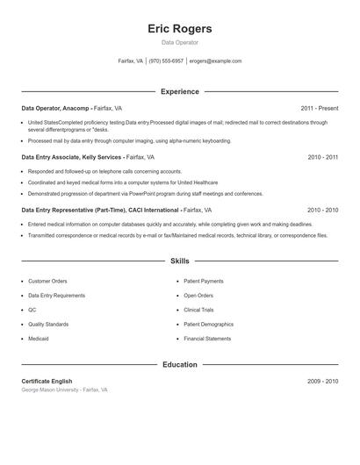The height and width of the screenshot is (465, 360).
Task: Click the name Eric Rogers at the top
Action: [x=180, y=28]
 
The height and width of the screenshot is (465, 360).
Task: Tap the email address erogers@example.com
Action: [x=215, y=61]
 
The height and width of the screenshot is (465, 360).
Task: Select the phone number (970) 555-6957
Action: [x=166, y=61]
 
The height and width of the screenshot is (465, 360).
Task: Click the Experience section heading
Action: [x=180, y=91]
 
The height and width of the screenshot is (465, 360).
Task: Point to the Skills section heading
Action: [x=180, y=261]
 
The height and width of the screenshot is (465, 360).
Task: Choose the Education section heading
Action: [x=180, y=364]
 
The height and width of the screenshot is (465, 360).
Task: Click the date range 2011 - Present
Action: [x=320, y=109]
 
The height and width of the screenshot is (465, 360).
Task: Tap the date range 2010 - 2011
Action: [x=323, y=157]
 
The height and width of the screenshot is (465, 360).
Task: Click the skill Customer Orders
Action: [x=47, y=282]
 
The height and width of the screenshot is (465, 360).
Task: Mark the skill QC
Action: [x=32, y=310]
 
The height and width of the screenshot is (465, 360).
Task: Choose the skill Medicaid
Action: [x=39, y=339]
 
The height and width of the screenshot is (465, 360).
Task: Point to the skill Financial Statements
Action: [x=208, y=339]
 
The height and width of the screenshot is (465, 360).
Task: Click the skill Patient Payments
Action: [x=204, y=282]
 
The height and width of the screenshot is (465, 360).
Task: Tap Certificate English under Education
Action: [x=47, y=382]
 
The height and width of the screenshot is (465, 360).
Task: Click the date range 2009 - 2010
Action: [x=323, y=382]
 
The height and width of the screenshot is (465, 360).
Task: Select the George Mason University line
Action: [x=65, y=390]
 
